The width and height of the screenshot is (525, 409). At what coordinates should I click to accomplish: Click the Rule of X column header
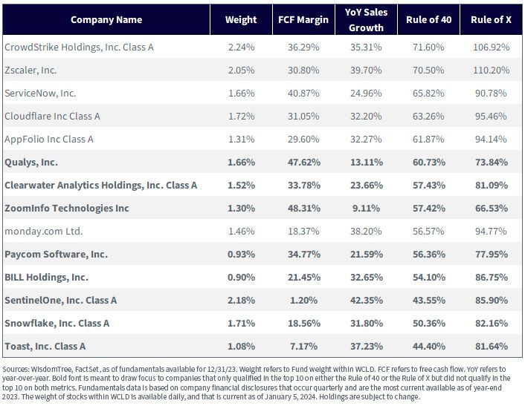[491, 20]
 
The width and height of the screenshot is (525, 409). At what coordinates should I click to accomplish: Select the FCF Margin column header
[303, 20]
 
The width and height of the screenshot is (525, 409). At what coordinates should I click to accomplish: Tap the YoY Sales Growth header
[366, 20]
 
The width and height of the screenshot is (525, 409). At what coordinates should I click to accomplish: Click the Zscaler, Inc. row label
[30, 71]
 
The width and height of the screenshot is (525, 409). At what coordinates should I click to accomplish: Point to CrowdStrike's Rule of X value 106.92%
[492, 47]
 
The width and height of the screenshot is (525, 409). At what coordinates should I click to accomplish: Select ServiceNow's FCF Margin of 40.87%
[303, 94]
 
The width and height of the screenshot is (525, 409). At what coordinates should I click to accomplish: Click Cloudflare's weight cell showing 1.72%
[241, 117]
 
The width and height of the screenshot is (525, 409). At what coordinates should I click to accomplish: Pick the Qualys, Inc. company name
[31, 163]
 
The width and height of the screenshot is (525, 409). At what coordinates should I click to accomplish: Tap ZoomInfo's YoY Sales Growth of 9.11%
[366, 209]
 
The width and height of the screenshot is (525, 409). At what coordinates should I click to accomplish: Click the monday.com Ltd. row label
[44, 232]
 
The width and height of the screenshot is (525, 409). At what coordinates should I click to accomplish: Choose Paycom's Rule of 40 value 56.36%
[428, 255]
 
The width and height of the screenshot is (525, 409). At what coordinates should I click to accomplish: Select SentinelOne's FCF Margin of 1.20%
[303, 301]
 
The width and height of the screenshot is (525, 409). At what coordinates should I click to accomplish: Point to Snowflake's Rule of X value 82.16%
[492, 324]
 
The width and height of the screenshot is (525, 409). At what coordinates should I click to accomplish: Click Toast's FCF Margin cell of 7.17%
[303, 347]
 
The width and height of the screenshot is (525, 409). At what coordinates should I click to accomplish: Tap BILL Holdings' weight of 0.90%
[241, 278]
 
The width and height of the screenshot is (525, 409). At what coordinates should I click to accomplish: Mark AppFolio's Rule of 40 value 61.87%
[428, 140]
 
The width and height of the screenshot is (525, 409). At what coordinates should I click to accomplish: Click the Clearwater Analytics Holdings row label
[101, 186]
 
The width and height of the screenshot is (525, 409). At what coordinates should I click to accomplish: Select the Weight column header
[241, 20]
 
